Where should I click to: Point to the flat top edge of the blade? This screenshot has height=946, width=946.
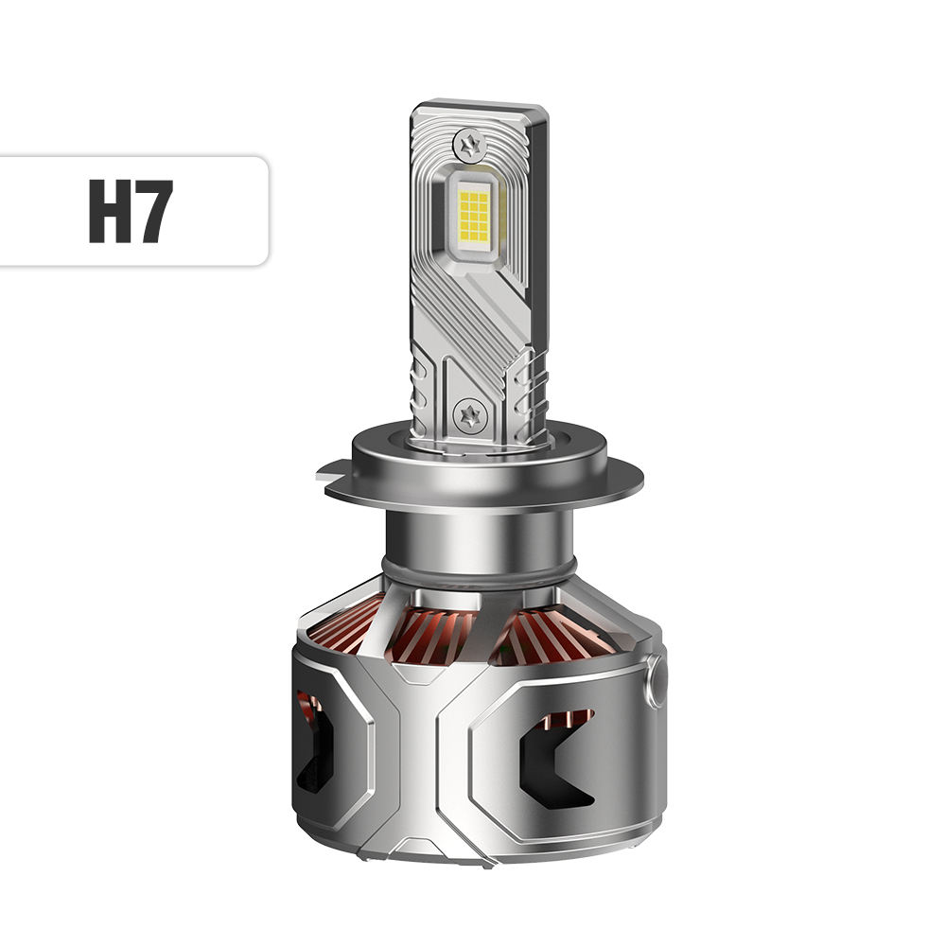478,103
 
